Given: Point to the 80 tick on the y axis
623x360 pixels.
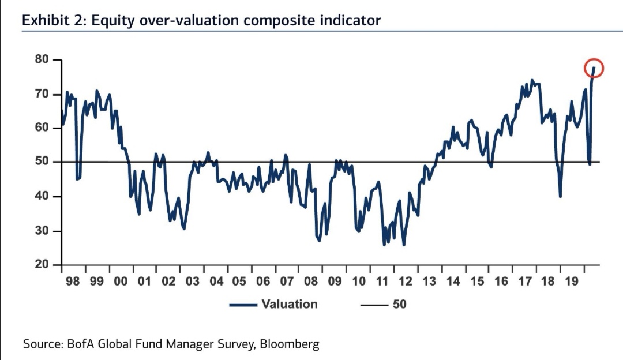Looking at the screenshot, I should pyautogui.click(x=42, y=60).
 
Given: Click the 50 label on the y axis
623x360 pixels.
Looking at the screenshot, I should pyautogui.click(x=42, y=162).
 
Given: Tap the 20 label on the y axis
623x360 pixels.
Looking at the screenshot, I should pyautogui.click(x=42, y=264).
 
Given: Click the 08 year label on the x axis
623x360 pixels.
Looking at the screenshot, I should pyautogui.click(x=310, y=282).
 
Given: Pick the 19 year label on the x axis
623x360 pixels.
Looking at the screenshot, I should pyautogui.click(x=572, y=282).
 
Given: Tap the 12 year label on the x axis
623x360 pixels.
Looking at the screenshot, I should pyautogui.click(x=406, y=282).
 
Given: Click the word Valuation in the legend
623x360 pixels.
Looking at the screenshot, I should pyautogui.click(x=290, y=304).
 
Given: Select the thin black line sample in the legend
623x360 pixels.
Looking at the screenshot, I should pyautogui.click(x=373, y=304).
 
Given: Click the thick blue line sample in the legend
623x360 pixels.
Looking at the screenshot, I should pyautogui.click(x=243, y=304).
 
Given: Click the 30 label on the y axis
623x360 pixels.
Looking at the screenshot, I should pyautogui.click(x=42, y=231).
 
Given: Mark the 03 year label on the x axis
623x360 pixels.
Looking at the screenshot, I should pyautogui.click(x=192, y=282).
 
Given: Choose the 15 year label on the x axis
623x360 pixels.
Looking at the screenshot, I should pyautogui.click(x=477, y=282).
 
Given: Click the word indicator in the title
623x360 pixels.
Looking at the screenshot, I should pyautogui.click(x=352, y=21).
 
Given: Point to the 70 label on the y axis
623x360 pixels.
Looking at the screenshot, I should pyautogui.click(x=42, y=95).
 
